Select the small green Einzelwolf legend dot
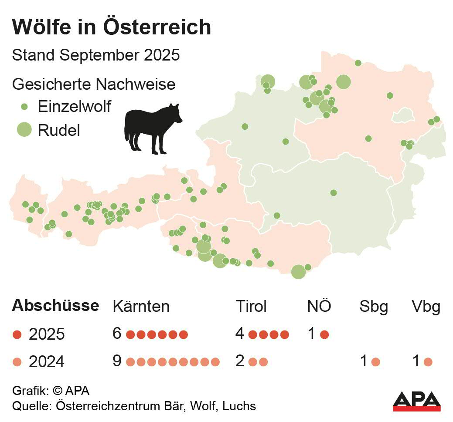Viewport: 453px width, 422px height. coord(24,106)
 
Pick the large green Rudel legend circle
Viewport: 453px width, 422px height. coord(24,130)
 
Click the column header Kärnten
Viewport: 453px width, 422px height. coord(141,307)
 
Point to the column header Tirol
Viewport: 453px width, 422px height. coord(251,307)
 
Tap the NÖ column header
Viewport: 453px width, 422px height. coord(319,307)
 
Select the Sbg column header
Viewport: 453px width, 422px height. coord(374,307)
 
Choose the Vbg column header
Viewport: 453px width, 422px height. coord(426,307)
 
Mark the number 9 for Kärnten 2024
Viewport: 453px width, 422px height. coord(117,361)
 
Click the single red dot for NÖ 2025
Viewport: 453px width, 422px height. coord(324,334)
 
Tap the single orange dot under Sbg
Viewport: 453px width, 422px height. coord(375,361)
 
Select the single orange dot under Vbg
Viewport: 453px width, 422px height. coord(428,361)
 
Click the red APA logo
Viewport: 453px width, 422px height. coord(416,401)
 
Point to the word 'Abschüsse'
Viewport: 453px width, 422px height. coord(55,306)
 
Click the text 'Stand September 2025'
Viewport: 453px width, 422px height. coord(96,56)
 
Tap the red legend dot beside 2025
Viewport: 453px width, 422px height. coord(17,334)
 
